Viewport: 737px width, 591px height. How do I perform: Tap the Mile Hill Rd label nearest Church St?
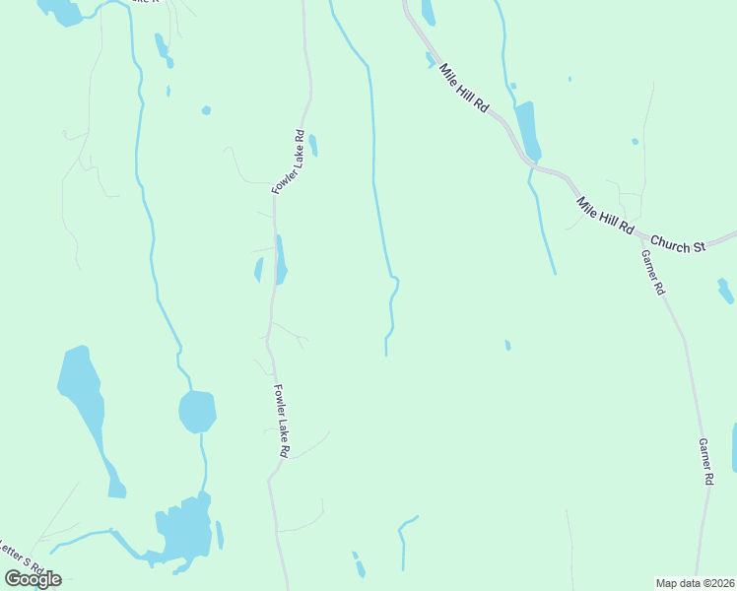[x=605, y=216]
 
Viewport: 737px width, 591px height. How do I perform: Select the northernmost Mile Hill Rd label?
[x=464, y=89]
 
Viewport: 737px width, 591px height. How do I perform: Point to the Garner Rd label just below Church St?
[x=653, y=272]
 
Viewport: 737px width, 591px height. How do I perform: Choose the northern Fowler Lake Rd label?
[x=286, y=161]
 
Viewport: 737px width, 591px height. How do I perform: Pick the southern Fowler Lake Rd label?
[x=281, y=420]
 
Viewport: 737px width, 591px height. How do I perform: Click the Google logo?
[x=33, y=579]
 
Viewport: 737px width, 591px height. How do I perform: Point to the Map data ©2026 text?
[x=696, y=583]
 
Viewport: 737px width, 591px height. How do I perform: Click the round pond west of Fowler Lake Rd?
[x=197, y=411]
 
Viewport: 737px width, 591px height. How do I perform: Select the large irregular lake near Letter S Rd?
[x=184, y=532]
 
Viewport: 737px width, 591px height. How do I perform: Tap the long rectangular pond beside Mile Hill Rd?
[x=528, y=128]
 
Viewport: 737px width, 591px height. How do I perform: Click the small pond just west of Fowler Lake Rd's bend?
[x=259, y=269]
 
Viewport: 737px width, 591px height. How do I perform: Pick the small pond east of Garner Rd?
[x=725, y=291]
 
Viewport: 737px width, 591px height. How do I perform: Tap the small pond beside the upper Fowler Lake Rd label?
[x=313, y=146]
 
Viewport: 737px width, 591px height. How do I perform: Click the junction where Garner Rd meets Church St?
[x=641, y=236]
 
